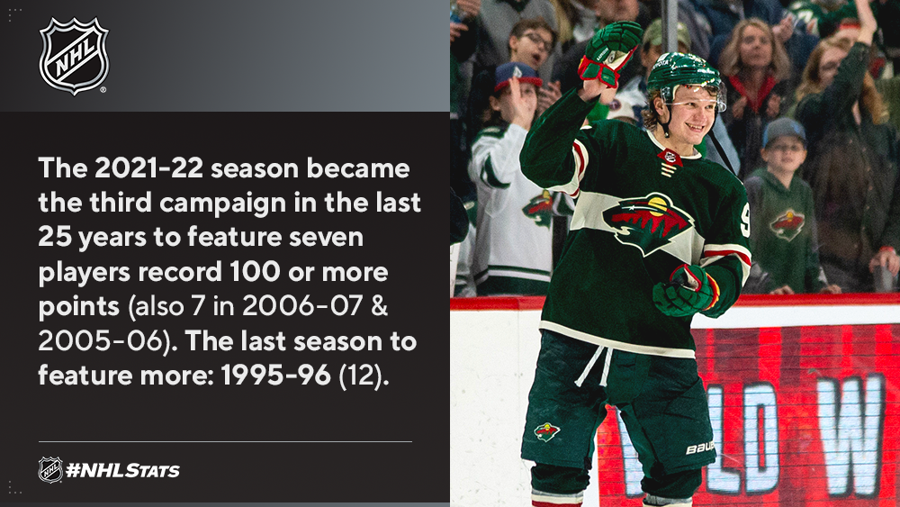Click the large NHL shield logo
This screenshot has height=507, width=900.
(74, 55)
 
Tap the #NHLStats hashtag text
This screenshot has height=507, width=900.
(122, 471)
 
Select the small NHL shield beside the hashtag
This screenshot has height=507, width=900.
(50, 470)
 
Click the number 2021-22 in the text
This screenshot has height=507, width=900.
(148, 168)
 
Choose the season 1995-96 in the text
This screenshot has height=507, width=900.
(276, 375)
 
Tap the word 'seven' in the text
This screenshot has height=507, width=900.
(326, 238)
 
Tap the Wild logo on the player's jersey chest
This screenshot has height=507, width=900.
(648, 222)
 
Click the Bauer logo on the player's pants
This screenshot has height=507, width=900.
(700, 448)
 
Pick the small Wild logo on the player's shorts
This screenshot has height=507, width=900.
(546, 431)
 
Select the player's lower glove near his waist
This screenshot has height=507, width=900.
(685, 291)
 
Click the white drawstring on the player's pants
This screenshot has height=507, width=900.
(595, 365)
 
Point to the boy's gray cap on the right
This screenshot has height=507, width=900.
(784, 131)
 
